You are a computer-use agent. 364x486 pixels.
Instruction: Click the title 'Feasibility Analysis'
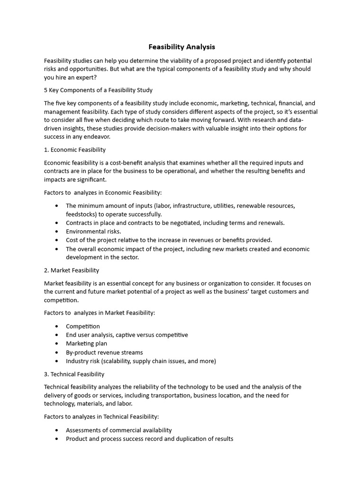click(182, 47)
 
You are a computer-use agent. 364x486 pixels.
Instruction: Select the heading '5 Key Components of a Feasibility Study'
click(98, 90)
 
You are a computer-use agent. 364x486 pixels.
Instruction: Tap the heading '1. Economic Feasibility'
click(75, 150)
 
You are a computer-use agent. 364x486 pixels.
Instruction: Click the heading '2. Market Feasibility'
click(72, 270)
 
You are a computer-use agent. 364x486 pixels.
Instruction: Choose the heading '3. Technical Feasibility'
click(74, 374)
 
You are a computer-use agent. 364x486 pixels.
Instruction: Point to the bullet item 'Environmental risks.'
click(93, 231)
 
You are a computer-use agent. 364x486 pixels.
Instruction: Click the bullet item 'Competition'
click(83, 326)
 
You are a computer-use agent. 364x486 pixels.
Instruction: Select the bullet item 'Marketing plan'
click(86, 344)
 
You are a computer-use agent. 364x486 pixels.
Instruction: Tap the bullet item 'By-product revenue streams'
click(104, 352)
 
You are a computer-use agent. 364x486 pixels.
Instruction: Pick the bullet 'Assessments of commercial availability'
click(118, 430)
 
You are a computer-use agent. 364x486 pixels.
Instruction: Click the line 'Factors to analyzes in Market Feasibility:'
click(100, 313)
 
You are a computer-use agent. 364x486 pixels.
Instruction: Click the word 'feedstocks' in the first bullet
click(81, 214)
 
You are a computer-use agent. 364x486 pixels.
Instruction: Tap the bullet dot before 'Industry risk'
click(57, 361)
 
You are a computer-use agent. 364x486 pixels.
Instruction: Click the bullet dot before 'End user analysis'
click(57, 335)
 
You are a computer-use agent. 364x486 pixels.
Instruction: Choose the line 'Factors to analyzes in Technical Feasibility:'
click(101, 417)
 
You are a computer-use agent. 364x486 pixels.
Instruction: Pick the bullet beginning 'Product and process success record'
click(149, 439)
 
